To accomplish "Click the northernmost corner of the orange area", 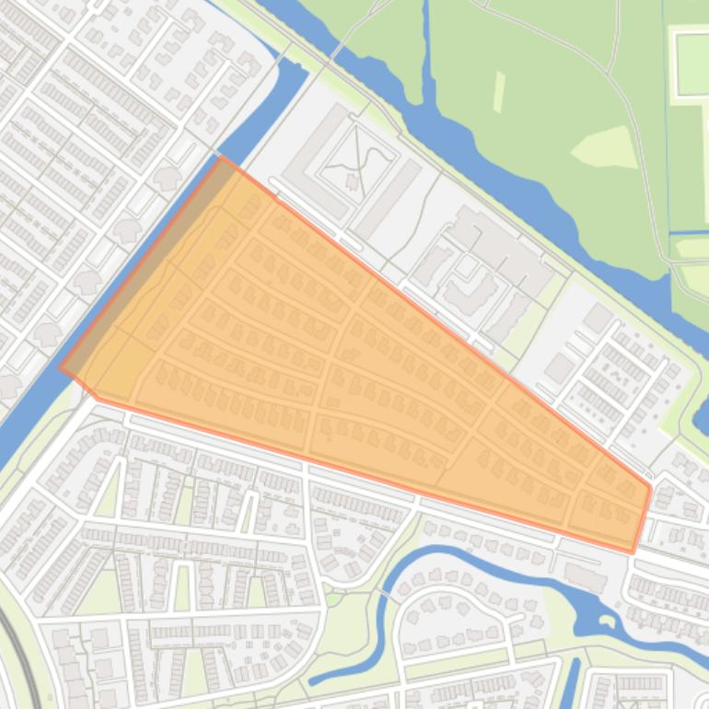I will (x=222, y=157).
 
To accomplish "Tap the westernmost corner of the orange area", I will (x=61, y=366).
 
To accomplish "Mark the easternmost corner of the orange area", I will (x=650, y=486).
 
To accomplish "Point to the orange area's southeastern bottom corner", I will (x=633, y=552).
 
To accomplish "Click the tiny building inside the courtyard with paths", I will (x=353, y=181).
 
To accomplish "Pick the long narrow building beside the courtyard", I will (x=388, y=198).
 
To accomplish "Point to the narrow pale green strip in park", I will (x=499, y=92).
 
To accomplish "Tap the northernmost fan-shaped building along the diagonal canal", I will (x=167, y=177).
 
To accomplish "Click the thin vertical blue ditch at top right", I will (x=665, y=110).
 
